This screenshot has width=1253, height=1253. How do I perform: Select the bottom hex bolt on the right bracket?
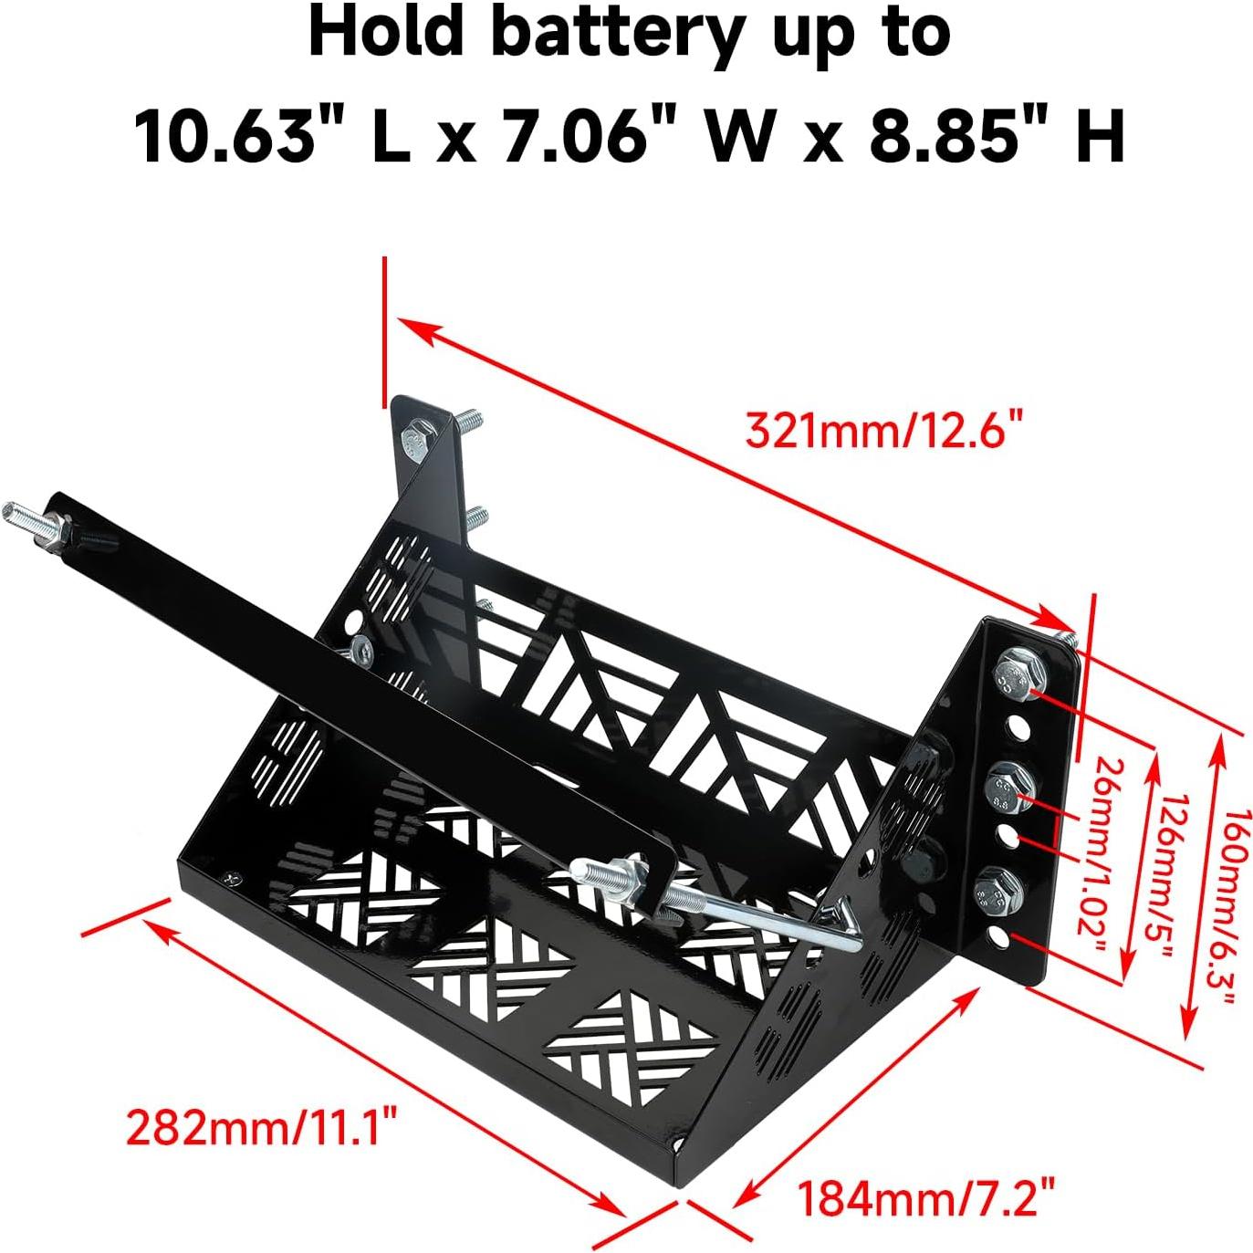997,891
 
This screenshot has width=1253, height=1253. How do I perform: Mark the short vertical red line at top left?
385,330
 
